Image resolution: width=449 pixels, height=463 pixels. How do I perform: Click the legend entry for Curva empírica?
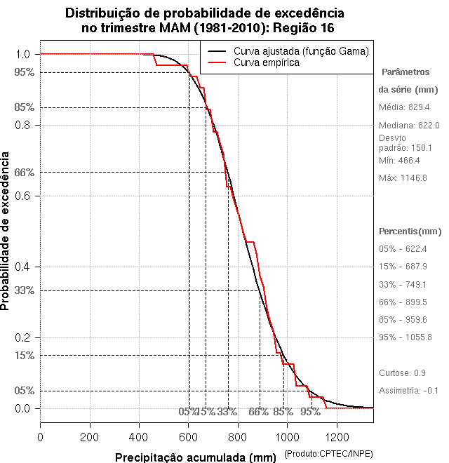pos(266,63)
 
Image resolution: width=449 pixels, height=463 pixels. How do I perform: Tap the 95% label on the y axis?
pos(25,72)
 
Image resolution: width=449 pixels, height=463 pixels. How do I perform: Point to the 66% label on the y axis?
pos(25,172)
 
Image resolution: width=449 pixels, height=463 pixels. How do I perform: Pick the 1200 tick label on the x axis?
pos(336,437)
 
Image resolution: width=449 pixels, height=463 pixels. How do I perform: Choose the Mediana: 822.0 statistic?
pos(409,125)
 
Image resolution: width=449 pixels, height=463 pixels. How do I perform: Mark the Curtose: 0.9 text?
pos(402,373)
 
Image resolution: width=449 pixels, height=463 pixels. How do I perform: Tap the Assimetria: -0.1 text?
pos(408,390)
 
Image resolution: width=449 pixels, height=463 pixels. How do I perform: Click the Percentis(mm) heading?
pos(410,231)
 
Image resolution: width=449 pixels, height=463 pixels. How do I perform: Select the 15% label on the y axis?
pos(25,355)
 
